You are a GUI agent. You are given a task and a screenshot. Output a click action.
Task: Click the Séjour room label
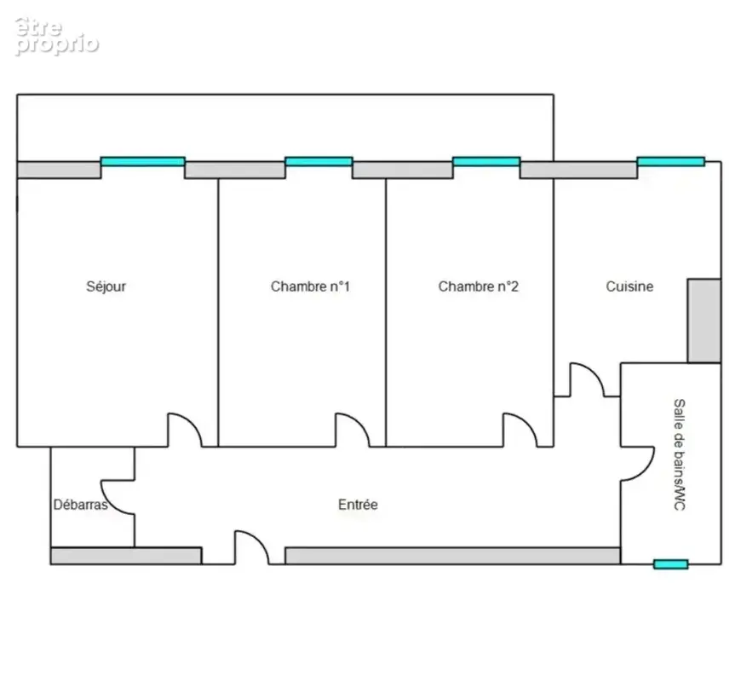106,286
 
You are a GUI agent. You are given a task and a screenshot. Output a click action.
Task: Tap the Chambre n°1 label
310,286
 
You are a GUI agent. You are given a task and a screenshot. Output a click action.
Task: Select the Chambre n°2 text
479,286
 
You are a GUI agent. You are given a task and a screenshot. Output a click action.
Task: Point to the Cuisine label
629,286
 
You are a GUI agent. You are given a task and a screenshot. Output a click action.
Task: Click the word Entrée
358,505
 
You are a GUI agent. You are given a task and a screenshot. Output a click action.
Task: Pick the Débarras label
80,505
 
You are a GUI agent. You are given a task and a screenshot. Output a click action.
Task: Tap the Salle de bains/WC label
679,454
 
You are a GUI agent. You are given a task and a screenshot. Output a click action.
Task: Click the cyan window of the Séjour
143,161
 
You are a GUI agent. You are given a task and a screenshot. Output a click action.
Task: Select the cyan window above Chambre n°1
319,161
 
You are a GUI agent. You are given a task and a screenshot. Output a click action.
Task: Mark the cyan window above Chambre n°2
486,161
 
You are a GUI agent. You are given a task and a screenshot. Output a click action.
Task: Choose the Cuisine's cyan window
671,161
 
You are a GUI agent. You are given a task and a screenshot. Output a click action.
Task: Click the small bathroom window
671,564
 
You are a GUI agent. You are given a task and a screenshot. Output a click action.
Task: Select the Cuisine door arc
595,373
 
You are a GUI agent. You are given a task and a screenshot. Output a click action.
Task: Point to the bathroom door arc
645,471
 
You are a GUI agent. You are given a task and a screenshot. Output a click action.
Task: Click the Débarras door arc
111,504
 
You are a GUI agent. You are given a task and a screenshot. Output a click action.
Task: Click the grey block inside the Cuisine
704,321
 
